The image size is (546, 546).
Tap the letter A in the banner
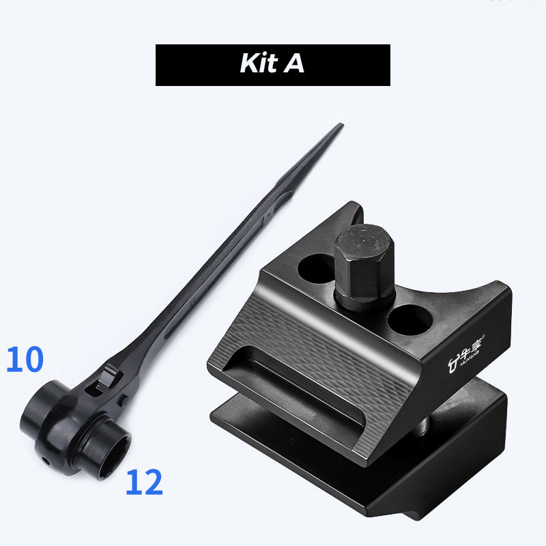pos(294,64)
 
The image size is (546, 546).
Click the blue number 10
pos(25,360)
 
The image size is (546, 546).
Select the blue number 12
pos(144,483)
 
